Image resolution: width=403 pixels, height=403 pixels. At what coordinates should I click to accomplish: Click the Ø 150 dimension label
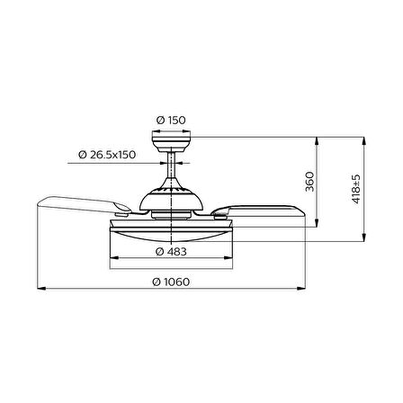click(x=171, y=121)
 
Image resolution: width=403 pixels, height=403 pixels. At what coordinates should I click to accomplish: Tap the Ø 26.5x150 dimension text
click(x=107, y=155)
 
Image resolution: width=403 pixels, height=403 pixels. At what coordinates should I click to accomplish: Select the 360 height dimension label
click(x=309, y=182)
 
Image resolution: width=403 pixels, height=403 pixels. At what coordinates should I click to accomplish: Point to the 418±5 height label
click(x=356, y=189)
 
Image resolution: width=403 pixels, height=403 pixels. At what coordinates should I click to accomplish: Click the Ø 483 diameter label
click(x=171, y=252)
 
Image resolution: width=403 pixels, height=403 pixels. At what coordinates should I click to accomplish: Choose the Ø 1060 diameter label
click(x=171, y=282)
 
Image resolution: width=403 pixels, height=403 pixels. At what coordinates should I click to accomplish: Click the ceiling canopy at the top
click(x=171, y=144)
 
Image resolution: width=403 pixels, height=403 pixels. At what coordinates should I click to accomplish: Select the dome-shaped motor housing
click(x=171, y=198)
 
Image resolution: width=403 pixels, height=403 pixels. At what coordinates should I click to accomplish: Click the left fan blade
click(x=84, y=205)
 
